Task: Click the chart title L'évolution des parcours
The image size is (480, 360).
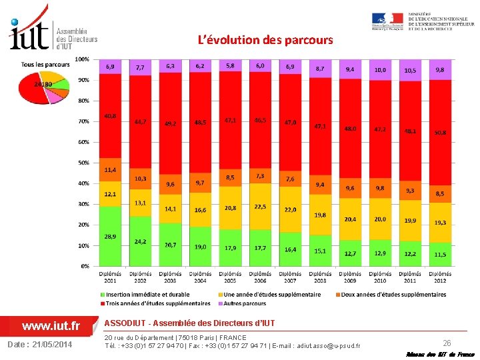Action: coord(265,40)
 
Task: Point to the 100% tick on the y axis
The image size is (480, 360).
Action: coord(81,59)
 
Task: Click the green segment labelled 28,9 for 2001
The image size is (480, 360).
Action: coord(110,237)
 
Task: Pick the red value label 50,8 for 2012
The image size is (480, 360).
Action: coord(440,133)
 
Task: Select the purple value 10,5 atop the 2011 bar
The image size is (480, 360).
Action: coord(410,70)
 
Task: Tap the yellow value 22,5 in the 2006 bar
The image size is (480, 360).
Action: coord(260,207)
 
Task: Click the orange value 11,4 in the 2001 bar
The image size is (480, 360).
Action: coord(110,170)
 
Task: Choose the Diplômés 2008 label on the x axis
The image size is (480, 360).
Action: coord(320,277)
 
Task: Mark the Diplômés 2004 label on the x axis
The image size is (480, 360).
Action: coord(200,277)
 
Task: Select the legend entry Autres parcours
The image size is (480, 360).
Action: coord(246,303)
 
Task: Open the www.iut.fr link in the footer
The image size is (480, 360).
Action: coord(51,326)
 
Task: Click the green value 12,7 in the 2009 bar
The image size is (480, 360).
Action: coord(350,253)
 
